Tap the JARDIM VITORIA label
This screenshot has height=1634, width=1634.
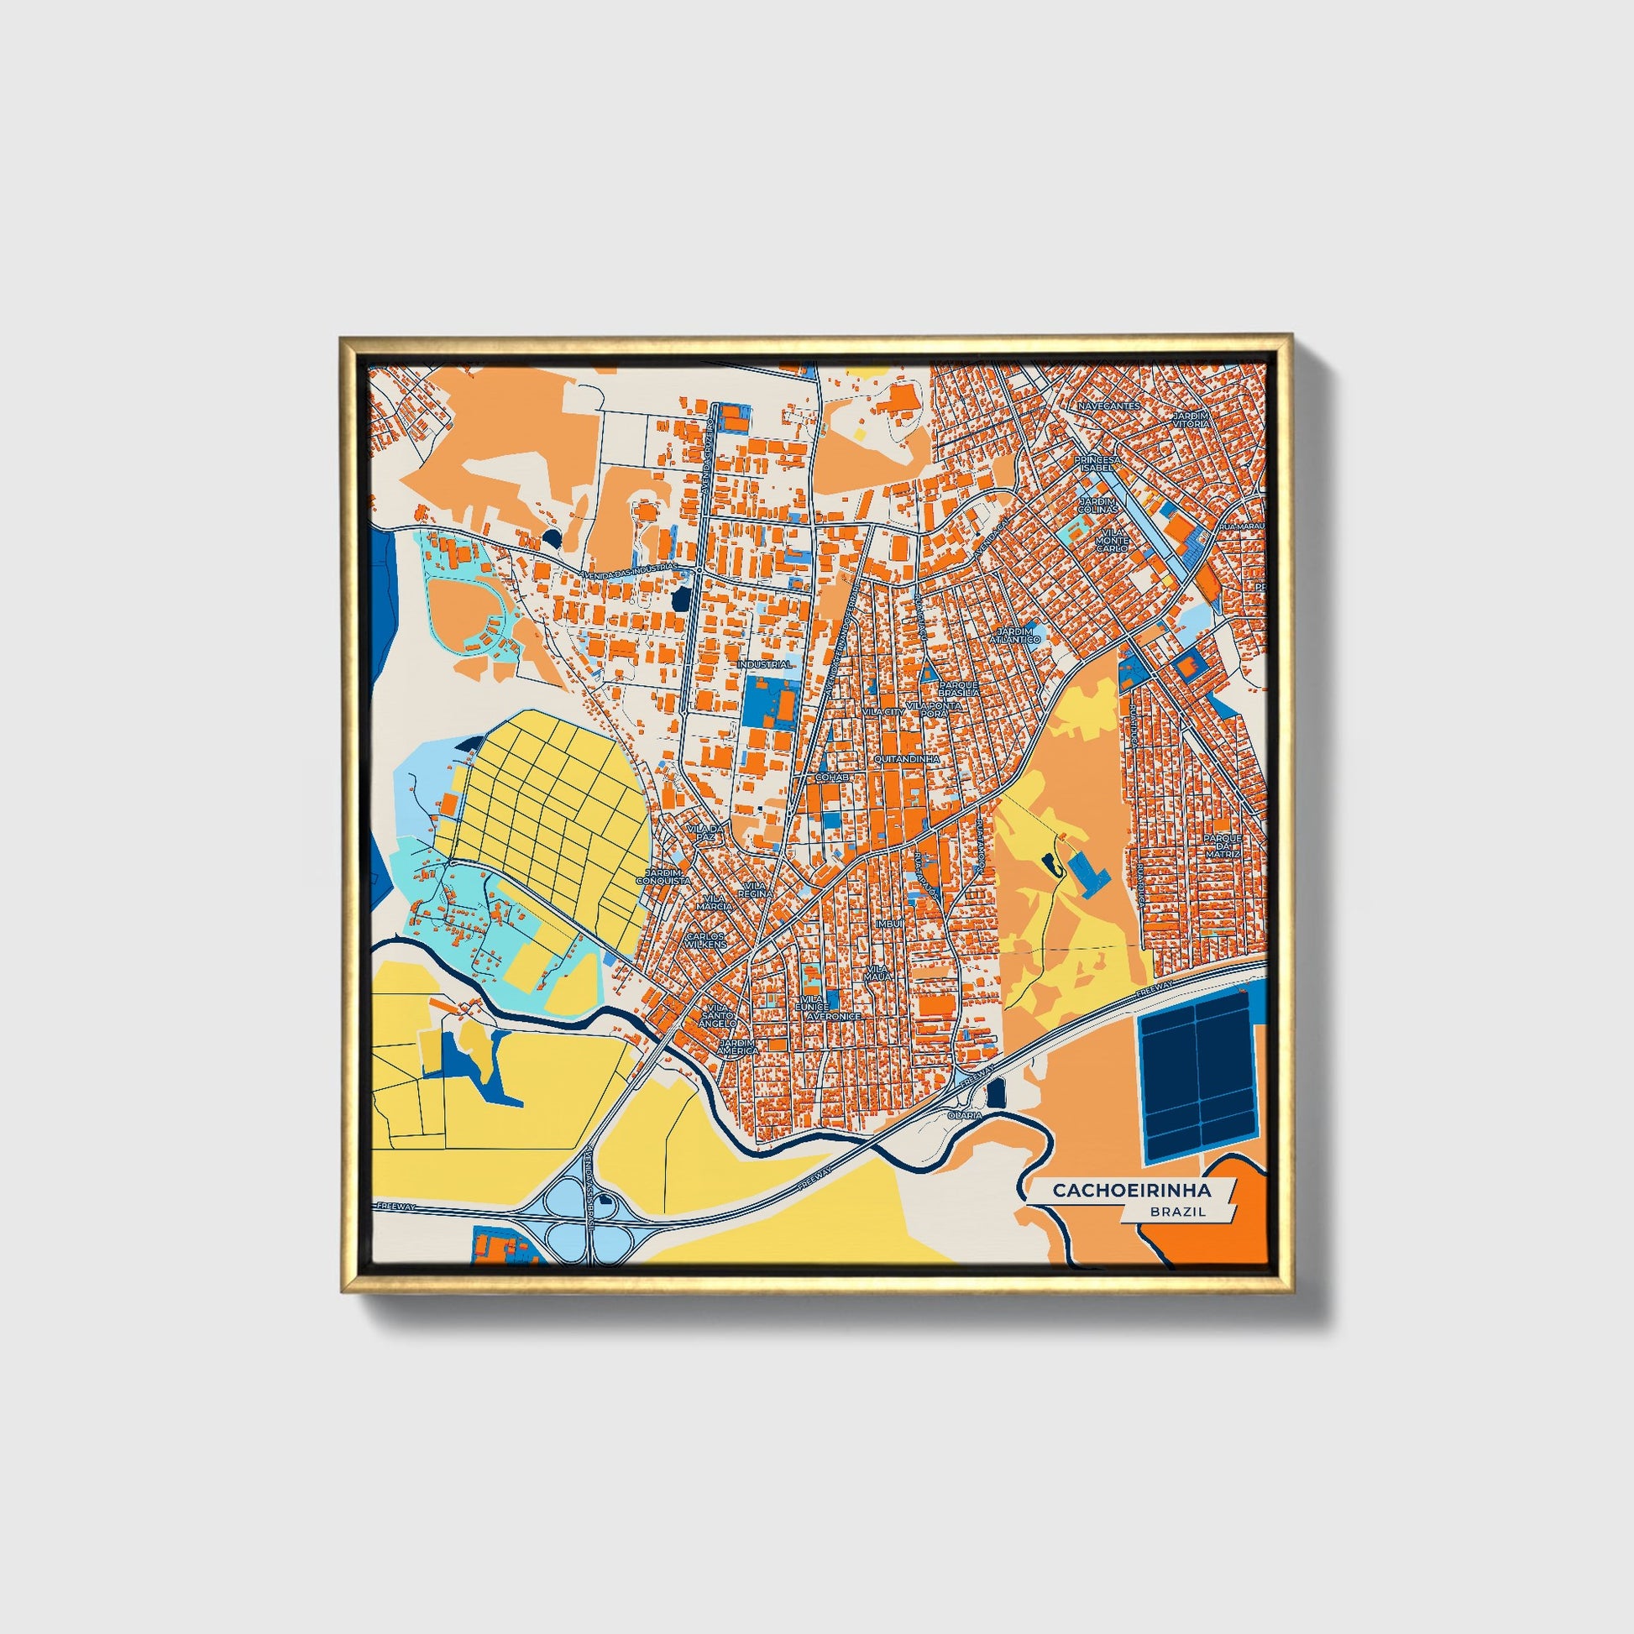(x=1191, y=421)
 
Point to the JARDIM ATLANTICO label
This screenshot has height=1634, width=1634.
(x=1018, y=635)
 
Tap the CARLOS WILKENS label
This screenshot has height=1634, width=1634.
(x=706, y=940)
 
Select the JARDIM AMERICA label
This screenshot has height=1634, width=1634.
(x=736, y=1047)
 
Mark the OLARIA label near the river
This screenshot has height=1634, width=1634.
(x=966, y=1115)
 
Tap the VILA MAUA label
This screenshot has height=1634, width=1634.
(x=877, y=972)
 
